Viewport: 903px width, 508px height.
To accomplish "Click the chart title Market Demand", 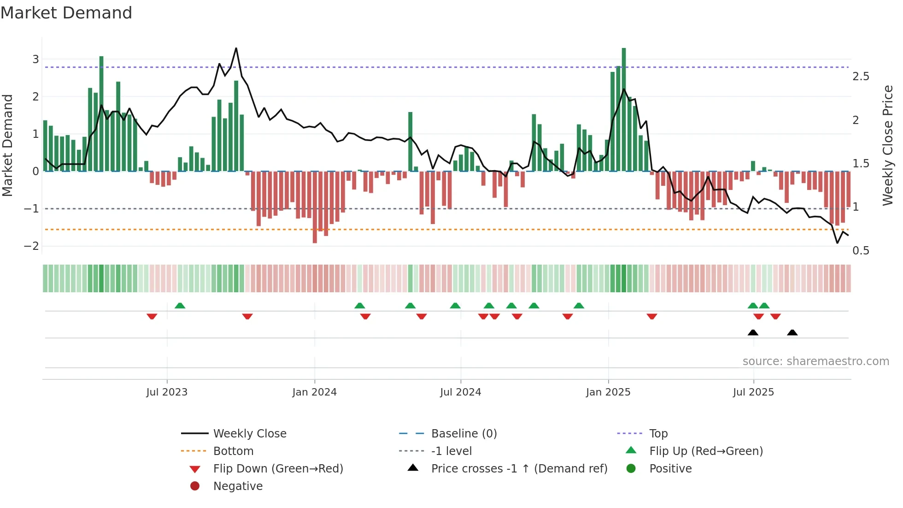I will coord(66,13).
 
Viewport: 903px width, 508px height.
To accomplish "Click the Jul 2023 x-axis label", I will coord(167,392).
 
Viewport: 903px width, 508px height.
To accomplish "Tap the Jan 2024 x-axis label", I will coord(315,392).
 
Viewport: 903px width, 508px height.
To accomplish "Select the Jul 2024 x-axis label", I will coord(460,392).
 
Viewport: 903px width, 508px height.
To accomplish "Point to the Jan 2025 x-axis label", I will coord(608,392).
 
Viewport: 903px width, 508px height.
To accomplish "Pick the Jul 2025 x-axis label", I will coord(753,392).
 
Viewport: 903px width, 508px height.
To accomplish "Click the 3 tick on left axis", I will coord(35,59).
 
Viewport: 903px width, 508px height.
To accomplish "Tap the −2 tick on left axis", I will coord(31,246).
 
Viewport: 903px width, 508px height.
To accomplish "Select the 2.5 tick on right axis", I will coord(861,77).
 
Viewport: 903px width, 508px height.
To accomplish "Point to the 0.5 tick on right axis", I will coord(861,251).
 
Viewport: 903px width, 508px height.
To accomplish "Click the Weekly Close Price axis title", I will coord(888,145).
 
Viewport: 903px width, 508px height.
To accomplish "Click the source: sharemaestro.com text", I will coord(815,361).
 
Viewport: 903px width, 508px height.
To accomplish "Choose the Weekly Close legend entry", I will coord(249,434).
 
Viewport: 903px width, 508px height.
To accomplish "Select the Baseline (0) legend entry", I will coord(463,434).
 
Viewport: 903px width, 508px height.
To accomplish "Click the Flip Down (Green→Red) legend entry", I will coord(278,469).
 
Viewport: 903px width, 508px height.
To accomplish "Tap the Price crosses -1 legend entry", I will coord(519,469).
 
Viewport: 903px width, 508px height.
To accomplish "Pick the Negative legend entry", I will coord(238,486).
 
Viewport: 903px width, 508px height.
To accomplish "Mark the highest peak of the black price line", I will coord(236,48).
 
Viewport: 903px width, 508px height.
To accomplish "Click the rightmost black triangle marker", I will coord(792,333).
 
